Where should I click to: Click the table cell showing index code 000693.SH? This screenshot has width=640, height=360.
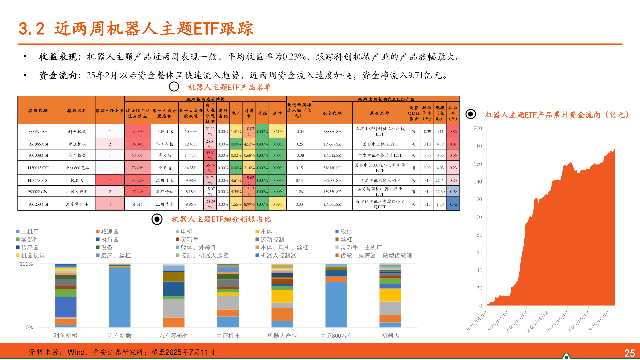click(38, 132)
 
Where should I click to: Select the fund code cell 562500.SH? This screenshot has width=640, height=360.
click(332, 181)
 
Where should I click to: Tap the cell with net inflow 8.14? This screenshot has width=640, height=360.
click(299, 181)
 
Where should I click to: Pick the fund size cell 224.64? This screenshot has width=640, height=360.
click(440, 181)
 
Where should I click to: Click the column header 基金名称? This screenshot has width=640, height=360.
click(380, 113)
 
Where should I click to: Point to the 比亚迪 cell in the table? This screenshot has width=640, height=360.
click(165, 168)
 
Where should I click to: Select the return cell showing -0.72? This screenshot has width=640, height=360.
click(453, 204)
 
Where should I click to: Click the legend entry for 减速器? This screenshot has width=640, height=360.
click(109, 232)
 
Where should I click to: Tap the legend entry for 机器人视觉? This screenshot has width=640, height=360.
click(33, 256)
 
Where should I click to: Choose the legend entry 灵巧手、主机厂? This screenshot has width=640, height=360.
click(361, 248)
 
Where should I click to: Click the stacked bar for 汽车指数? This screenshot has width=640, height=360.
click(120, 297)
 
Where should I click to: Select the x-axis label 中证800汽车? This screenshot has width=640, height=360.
click(336, 336)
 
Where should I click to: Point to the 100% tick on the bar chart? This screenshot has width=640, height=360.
click(26, 264)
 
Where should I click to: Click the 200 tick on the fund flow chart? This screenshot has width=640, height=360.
click(478, 129)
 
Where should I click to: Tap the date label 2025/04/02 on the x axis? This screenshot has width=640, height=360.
click(537, 321)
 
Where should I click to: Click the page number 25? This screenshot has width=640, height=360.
click(629, 353)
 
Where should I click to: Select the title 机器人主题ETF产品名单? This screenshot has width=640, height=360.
click(229, 87)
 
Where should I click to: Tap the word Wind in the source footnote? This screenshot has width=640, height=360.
click(76, 352)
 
